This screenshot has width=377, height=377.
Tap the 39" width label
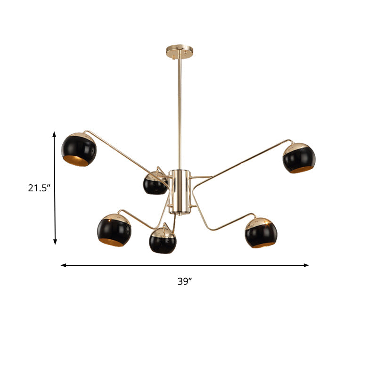point(185,281)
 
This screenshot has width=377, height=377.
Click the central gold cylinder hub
point(180,191)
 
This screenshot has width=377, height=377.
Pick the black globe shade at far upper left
point(79,150)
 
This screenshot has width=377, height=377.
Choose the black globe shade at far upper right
point(299,158)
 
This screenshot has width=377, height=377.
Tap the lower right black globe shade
point(261,232)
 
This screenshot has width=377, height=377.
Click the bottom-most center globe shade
point(163,240)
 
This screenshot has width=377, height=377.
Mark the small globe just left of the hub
point(155,183)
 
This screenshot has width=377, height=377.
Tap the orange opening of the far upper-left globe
point(76,161)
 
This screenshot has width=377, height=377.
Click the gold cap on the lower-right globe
point(260,221)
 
